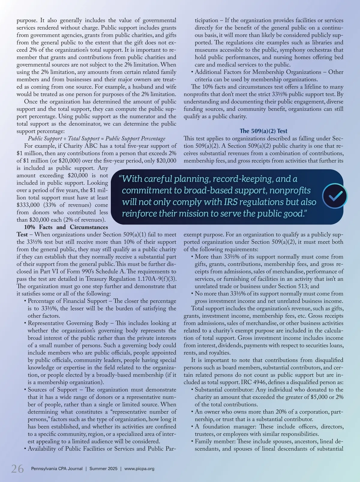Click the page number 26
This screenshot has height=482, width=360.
tap(17, 468)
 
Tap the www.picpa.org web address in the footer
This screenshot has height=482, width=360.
tap(139, 468)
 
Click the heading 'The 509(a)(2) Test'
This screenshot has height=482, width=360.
tap(263, 131)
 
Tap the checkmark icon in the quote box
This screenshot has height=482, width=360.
tap(334, 196)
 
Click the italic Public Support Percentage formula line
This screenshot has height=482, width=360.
tap(97, 138)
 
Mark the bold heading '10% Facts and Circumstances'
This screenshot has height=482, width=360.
tap(66, 227)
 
